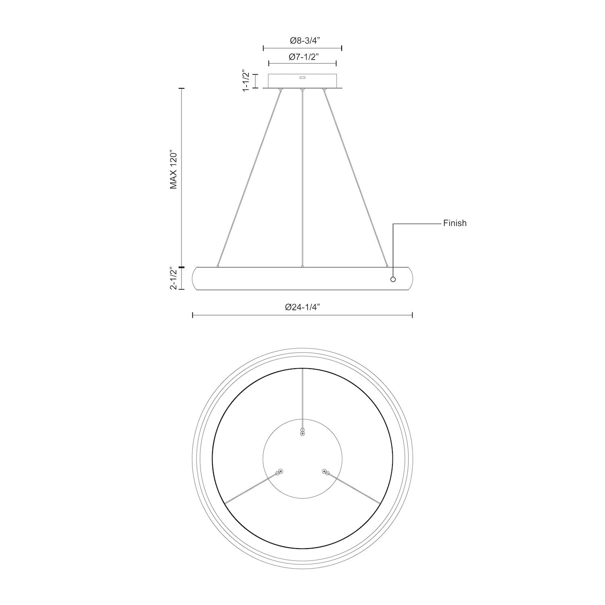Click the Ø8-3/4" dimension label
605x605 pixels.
pos(302,41)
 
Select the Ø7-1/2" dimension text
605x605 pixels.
pos(302,57)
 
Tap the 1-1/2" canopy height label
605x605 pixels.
pos(246,81)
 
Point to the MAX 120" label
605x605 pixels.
pos(173,170)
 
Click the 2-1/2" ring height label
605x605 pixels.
pos(173,278)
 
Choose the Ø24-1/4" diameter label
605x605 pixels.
pos(302,307)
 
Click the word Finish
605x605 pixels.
pos(455,223)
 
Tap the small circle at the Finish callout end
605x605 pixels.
pos(393,279)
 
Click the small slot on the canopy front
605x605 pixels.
pos(302,76)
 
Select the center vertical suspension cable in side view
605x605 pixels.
pos(302,177)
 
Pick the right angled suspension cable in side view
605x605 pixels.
pos(355,177)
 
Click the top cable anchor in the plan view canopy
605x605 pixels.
pos(302,432)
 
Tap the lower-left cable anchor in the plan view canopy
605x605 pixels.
pos(279,471)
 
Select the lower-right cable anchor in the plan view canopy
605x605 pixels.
pos(325,471)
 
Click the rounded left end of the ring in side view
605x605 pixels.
pos(195,278)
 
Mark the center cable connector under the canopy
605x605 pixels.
pos(302,90)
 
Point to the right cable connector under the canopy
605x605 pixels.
pos(323,90)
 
